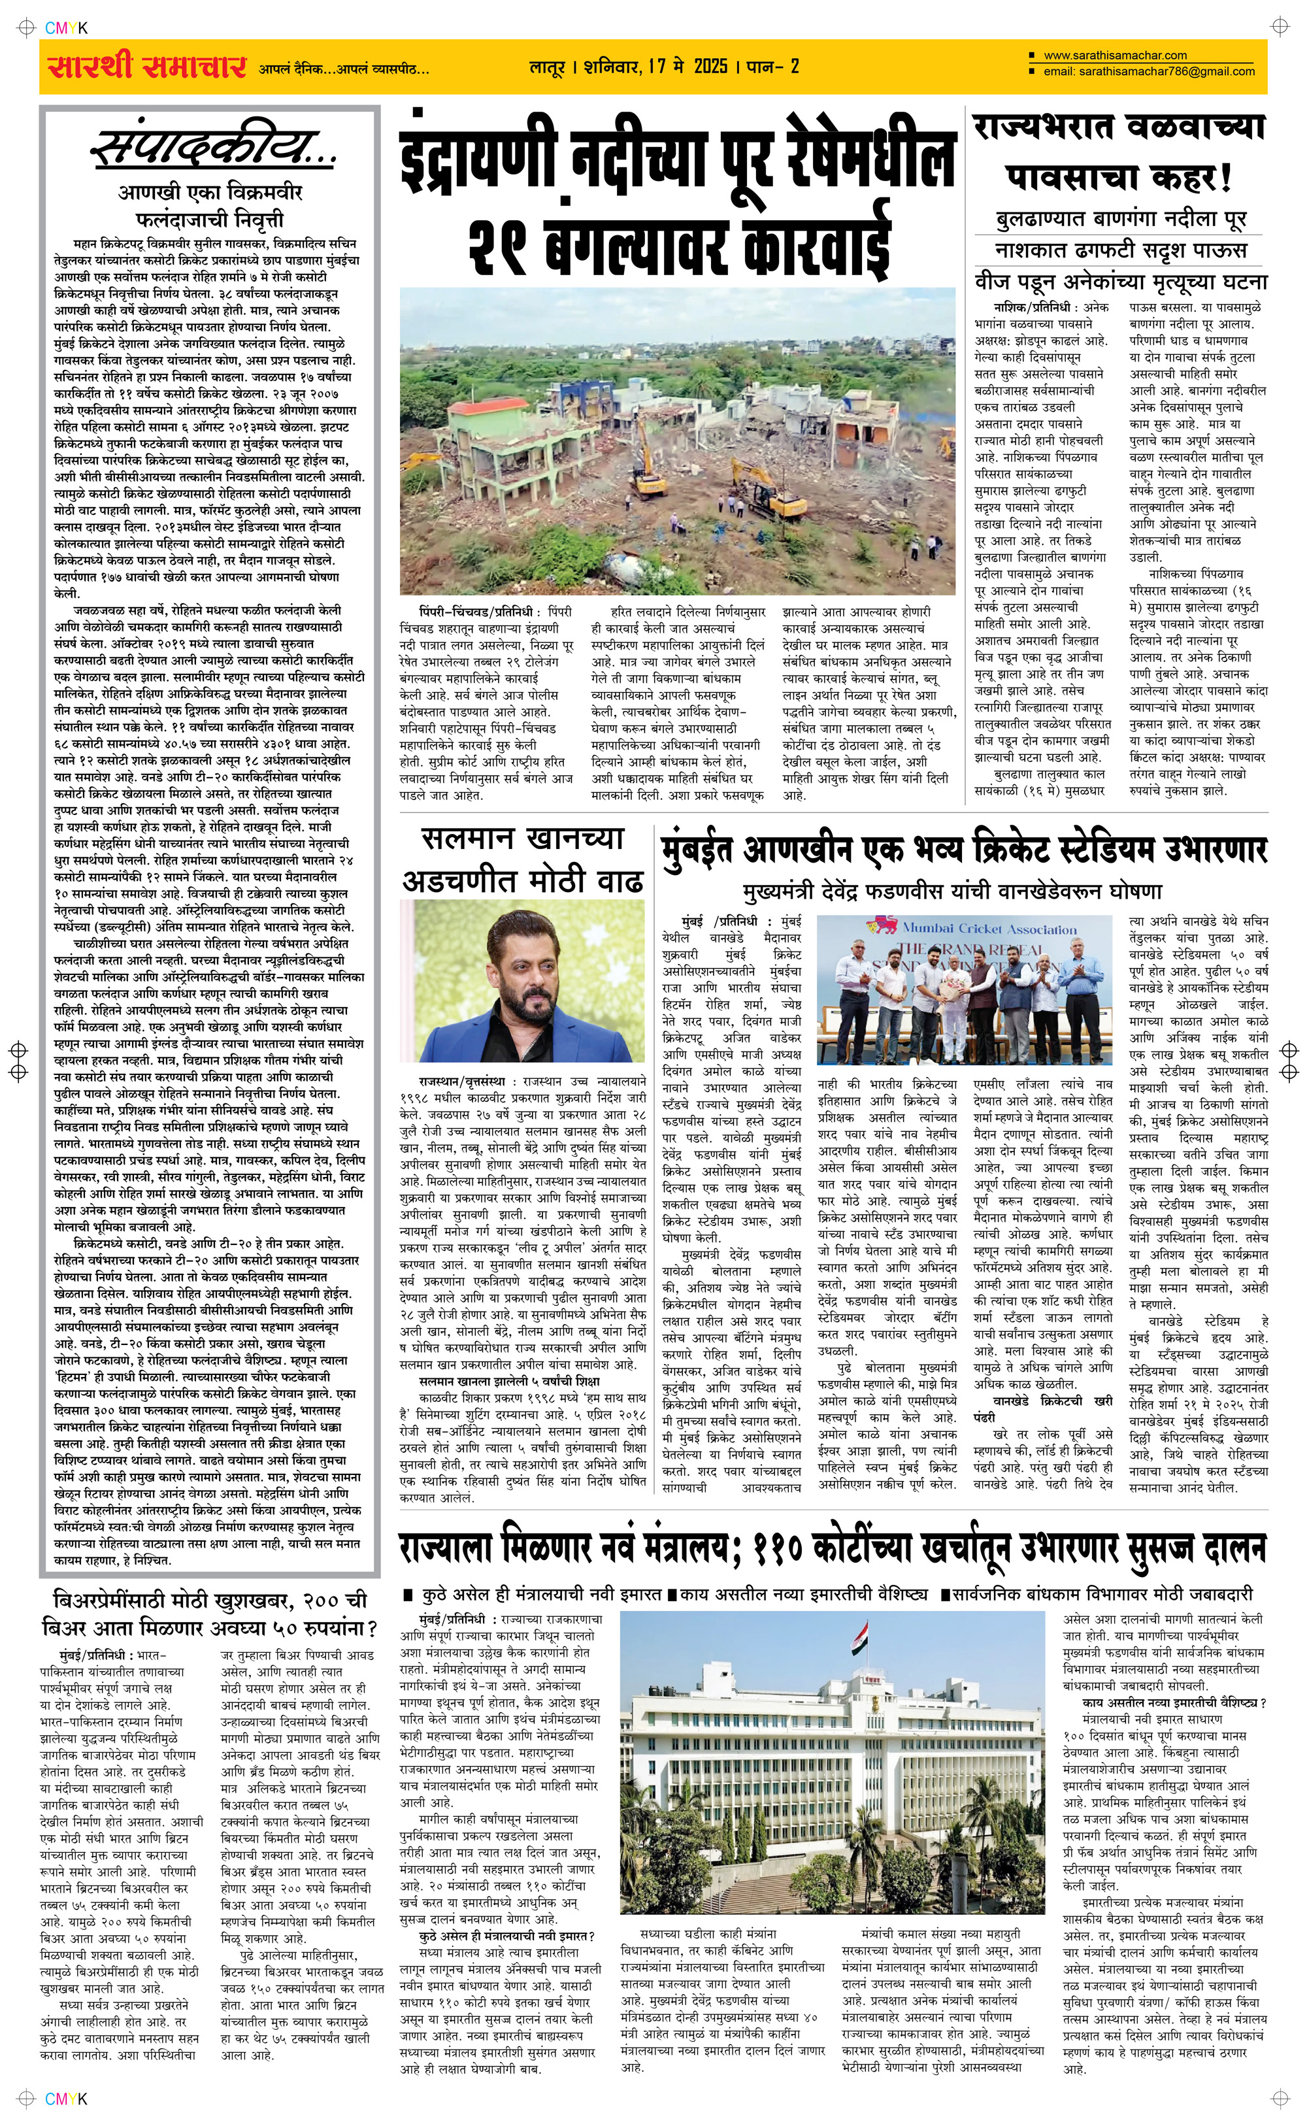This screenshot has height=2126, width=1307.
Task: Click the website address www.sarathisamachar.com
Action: (x=1115, y=56)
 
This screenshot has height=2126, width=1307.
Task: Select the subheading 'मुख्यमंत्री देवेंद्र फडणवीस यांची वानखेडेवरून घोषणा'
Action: (x=953, y=891)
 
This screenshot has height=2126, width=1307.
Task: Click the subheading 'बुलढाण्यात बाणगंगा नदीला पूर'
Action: (x=1121, y=220)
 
